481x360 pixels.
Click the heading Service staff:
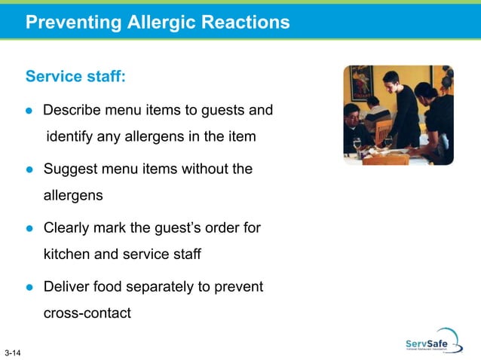(75, 77)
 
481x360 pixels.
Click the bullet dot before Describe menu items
(30, 111)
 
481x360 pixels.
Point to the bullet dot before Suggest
(30, 169)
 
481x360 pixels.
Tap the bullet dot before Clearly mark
(30, 227)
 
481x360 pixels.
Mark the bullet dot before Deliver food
(30, 287)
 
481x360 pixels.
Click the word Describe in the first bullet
(72, 111)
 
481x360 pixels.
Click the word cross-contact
(87, 313)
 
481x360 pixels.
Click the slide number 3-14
(12, 352)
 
